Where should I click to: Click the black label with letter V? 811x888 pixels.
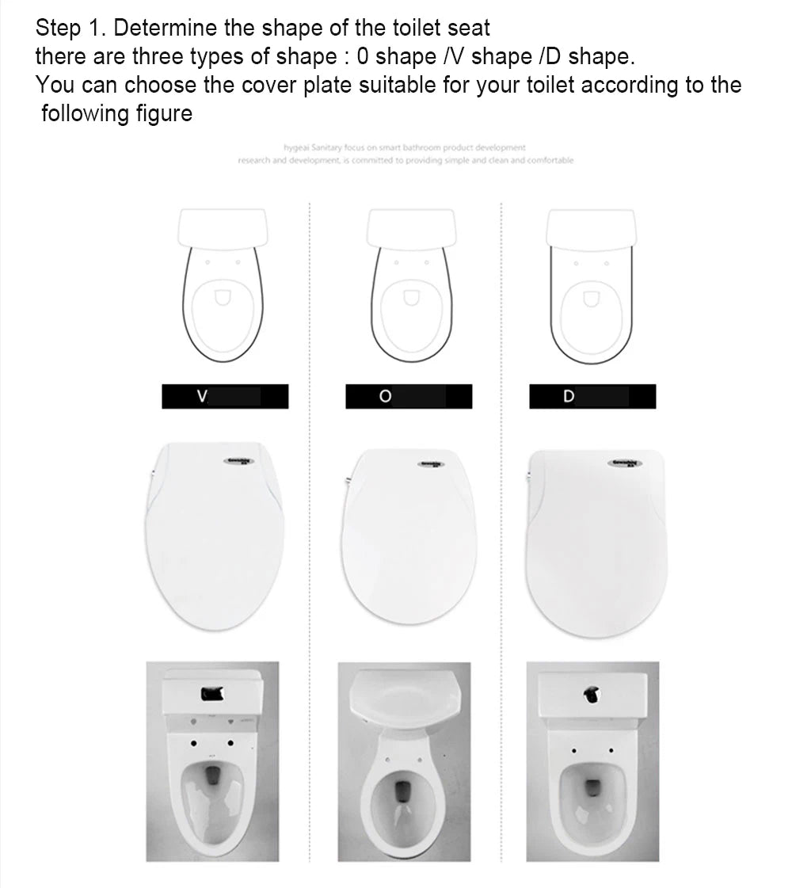pyautogui.click(x=225, y=396)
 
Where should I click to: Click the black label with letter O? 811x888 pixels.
pyautogui.click(x=408, y=396)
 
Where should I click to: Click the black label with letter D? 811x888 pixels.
pyautogui.click(x=592, y=396)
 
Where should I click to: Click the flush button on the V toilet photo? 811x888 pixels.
pyautogui.click(x=212, y=694)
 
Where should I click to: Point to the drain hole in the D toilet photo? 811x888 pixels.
pyautogui.click(x=592, y=787)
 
